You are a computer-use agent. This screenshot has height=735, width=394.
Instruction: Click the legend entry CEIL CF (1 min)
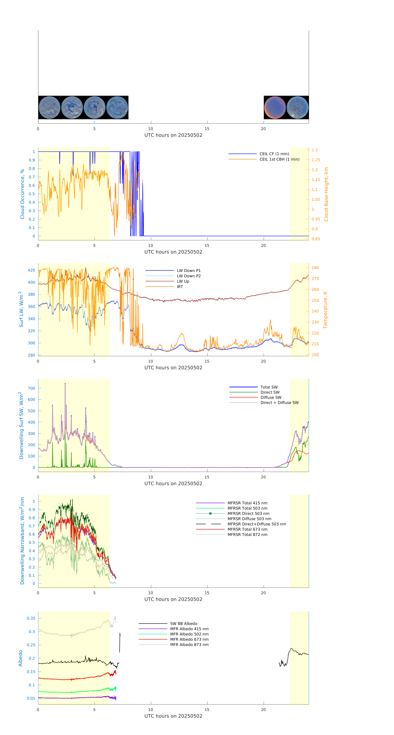[x=274, y=154]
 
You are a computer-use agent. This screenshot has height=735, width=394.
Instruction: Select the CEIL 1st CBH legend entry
[x=279, y=159]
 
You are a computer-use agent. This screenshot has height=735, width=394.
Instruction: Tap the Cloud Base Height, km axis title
[x=326, y=194]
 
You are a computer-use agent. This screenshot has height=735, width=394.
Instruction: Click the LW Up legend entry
[x=183, y=281]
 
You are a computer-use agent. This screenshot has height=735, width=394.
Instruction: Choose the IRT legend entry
[x=180, y=287]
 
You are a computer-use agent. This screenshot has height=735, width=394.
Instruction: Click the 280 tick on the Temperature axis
[x=315, y=268]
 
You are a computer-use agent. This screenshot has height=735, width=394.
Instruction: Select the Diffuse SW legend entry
[x=271, y=397]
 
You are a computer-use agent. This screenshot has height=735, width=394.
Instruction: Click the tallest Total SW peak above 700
[x=65, y=383]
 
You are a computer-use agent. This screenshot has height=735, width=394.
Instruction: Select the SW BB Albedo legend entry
[x=183, y=624]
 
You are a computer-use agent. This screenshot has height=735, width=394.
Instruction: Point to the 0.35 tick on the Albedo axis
[x=31, y=618]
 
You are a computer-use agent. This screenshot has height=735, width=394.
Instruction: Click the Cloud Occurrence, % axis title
[x=22, y=194]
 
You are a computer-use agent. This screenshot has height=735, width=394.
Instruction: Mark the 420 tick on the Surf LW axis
[x=31, y=270]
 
